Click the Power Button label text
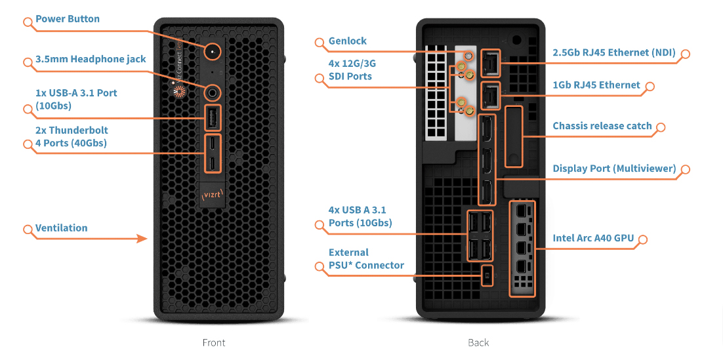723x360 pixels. pos(68,19)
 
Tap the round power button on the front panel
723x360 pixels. pos(213,50)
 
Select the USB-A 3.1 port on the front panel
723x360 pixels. pos(213,118)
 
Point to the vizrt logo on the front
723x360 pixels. pos(213,195)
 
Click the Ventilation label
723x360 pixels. pos(62,228)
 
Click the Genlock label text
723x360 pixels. pos(348,41)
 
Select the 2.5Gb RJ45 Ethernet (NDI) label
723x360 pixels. pos(614,53)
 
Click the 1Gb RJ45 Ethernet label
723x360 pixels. pos(596,85)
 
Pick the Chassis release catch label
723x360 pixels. pos(602,126)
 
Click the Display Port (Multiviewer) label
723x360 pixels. pos(614,169)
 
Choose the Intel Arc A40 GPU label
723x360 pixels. pos(593,238)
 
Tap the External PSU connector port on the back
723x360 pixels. pos(486,275)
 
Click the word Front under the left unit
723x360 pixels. pos(214,342)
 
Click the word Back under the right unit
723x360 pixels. pos(478,342)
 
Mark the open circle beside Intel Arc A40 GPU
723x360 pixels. pos(643,239)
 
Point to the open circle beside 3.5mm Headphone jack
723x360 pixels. pos(28,62)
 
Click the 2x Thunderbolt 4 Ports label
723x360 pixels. pos(72,136)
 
